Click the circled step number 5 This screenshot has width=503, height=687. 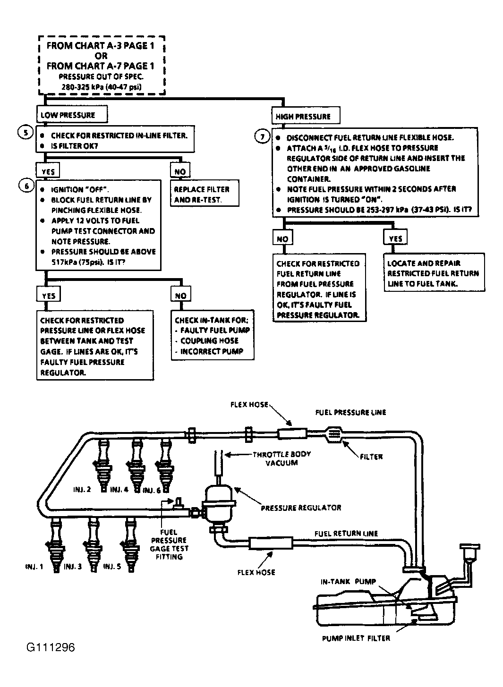[x=26, y=133]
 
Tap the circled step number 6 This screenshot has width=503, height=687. [x=26, y=186]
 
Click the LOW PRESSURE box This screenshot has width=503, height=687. [x=72, y=114]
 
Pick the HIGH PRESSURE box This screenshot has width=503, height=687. [x=306, y=116]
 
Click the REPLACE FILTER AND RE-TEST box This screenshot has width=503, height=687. [x=205, y=193]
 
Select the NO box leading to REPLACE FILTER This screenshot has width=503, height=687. [x=180, y=170]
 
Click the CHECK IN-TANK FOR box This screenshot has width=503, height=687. [x=213, y=335]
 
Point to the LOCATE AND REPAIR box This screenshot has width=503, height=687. [x=435, y=272]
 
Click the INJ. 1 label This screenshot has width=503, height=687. [x=34, y=567]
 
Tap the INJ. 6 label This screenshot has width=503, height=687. [x=152, y=491]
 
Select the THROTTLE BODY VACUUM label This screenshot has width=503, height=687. [x=281, y=458]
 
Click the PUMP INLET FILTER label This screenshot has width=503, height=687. [x=356, y=638]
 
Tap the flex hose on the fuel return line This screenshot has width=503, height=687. [x=271, y=543]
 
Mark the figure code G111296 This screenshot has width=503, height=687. [x=51, y=647]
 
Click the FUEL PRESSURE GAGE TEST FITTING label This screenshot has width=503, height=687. [x=169, y=544]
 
